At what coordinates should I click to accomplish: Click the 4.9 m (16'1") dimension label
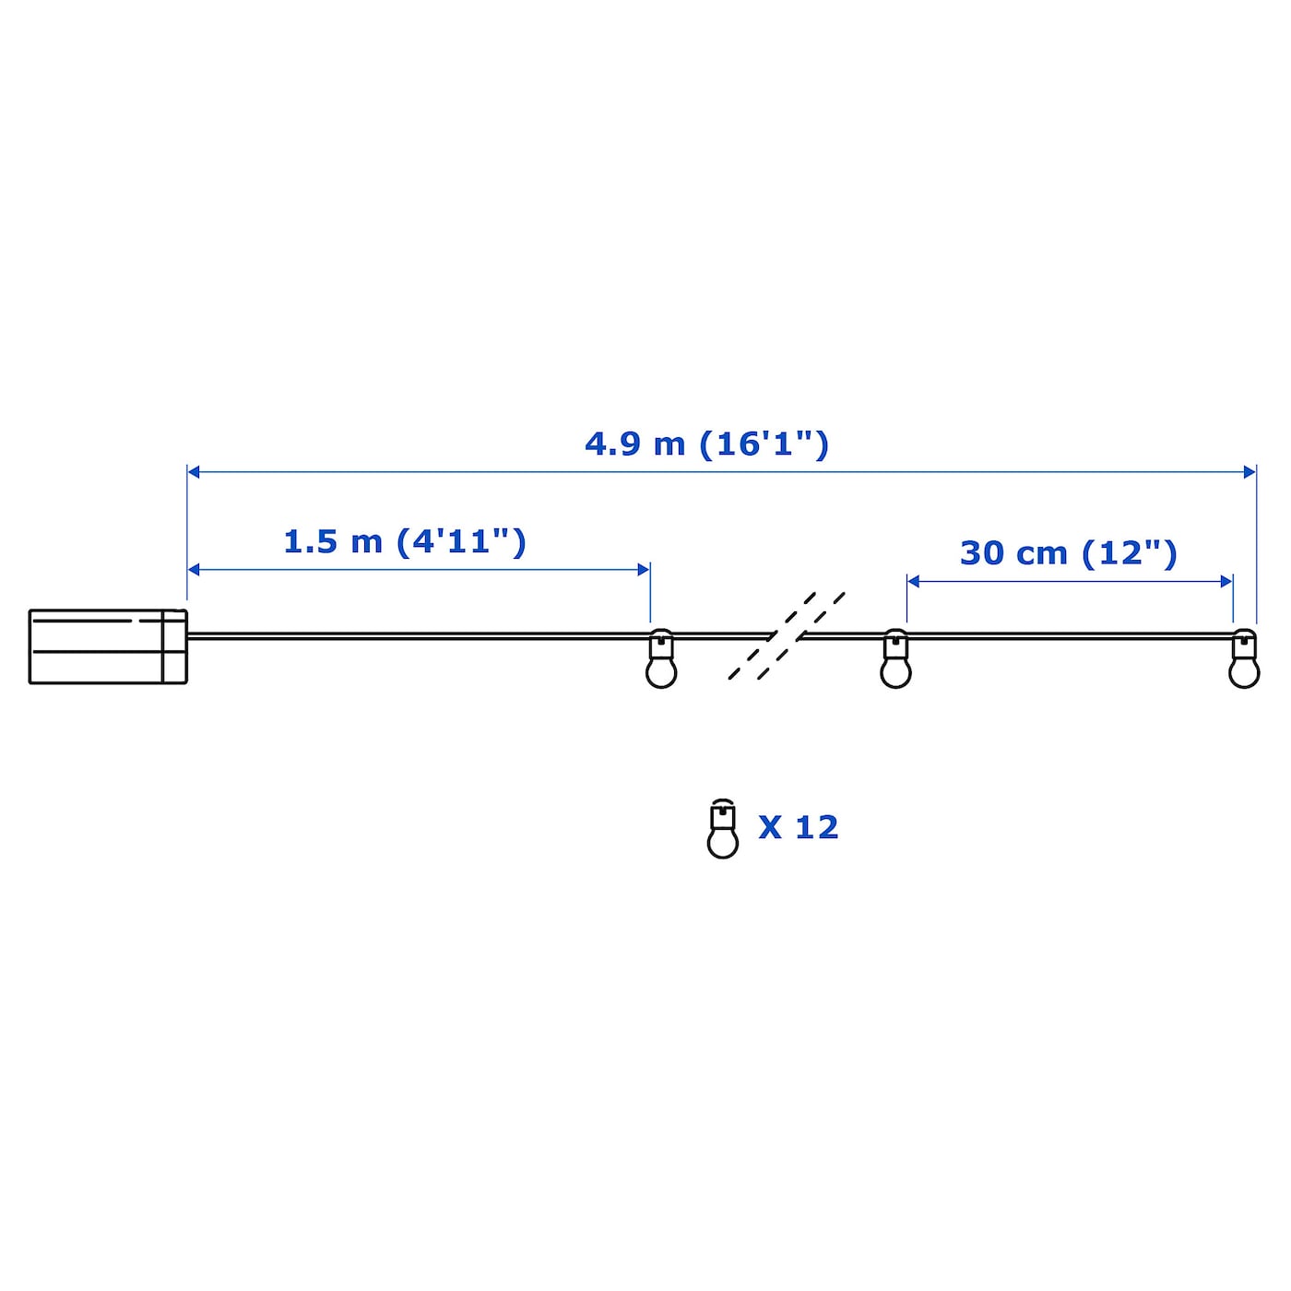(x=706, y=444)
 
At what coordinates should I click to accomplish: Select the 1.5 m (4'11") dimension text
(x=405, y=541)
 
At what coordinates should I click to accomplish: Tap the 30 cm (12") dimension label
(x=1068, y=553)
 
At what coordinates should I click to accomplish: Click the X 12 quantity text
(x=798, y=827)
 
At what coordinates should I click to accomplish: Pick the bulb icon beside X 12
(x=722, y=829)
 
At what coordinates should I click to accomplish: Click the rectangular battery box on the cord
(x=108, y=646)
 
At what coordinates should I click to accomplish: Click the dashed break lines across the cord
(x=787, y=635)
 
